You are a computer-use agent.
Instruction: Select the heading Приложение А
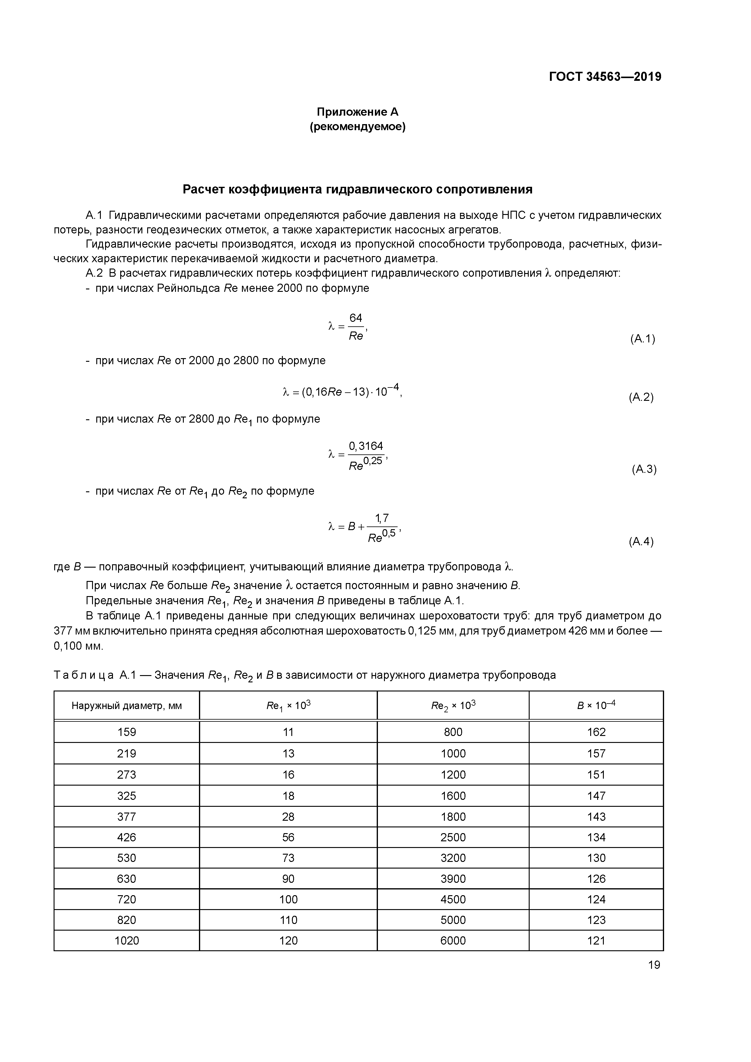357,112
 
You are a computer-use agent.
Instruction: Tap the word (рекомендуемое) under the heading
357,127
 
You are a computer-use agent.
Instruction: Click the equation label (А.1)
642,339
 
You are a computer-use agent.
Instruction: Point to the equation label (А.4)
641,542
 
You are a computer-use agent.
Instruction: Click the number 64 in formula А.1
356,318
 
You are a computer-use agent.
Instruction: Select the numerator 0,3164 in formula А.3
366,446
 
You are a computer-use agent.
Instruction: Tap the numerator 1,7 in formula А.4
382,518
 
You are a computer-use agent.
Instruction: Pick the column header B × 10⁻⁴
596,705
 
